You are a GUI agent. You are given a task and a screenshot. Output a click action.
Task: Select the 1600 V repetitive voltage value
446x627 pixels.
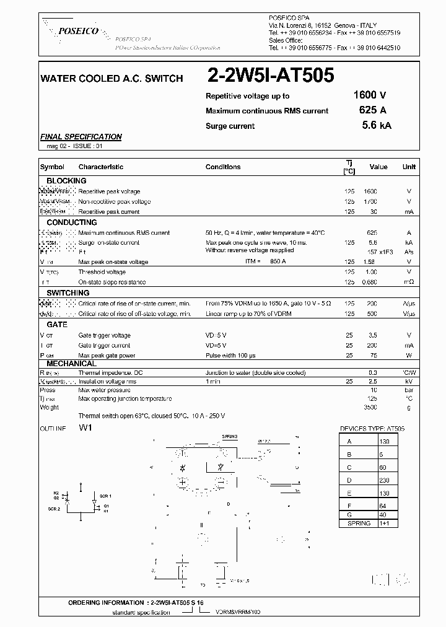click(370, 95)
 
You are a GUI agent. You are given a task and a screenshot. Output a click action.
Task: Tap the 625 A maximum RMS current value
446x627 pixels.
click(372, 110)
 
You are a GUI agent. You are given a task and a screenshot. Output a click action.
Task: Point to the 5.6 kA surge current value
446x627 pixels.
click(376, 125)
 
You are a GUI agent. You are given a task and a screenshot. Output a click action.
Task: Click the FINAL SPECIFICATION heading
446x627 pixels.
click(81, 137)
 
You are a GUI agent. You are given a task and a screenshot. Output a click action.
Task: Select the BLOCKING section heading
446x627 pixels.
click(66, 181)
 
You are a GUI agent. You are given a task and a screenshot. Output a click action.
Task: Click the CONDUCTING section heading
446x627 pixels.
click(72, 222)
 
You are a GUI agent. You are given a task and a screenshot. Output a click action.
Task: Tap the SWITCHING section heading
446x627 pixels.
click(68, 292)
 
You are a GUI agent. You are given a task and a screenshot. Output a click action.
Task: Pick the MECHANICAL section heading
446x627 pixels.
click(71, 364)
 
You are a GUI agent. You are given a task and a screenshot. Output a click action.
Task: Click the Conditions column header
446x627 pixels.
click(223, 167)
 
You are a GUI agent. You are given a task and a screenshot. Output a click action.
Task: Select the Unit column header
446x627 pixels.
click(409, 167)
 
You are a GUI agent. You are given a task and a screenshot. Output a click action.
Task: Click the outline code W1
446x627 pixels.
click(85, 428)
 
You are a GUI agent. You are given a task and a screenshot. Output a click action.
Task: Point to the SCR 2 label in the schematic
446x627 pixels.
click(55, 508)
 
